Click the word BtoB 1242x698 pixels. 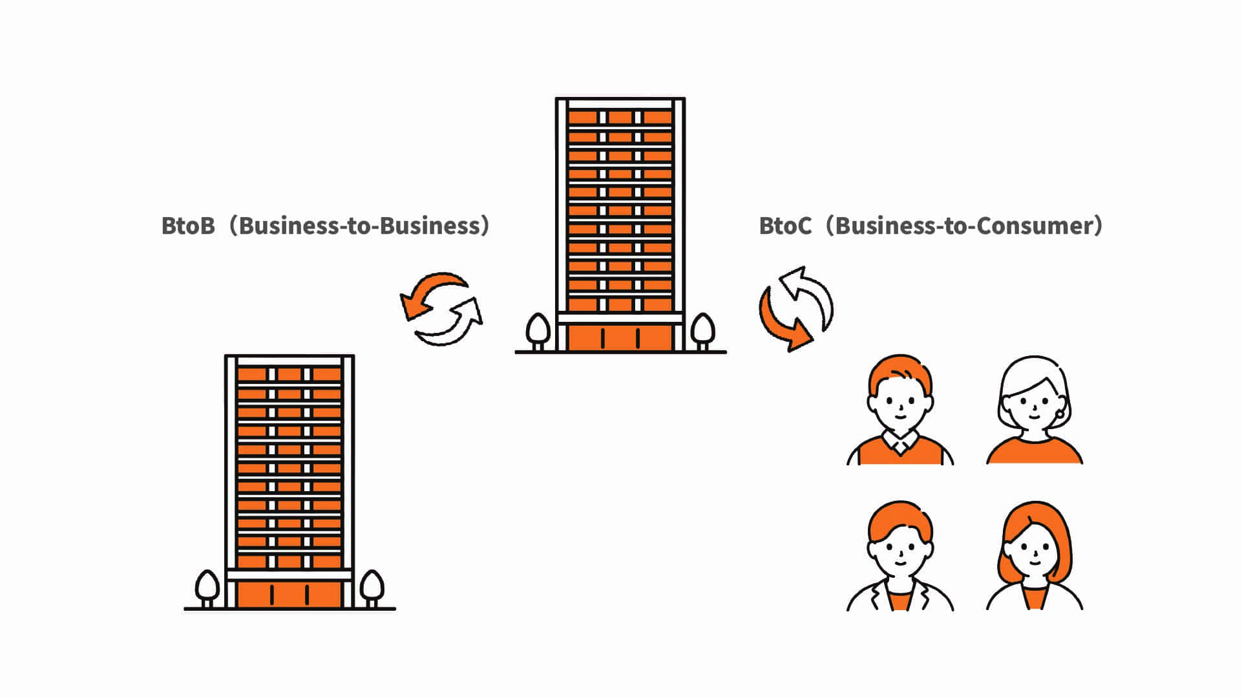pos(188,226)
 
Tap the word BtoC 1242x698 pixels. pos(785,226)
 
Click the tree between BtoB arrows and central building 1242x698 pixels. pos(538,332)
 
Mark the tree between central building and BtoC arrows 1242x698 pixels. pos(703,332)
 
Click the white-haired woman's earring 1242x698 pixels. pos(1060,414)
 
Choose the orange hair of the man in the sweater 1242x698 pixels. pos(900,375)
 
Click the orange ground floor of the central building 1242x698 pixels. pos(620,338)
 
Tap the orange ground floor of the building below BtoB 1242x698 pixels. pos(289,595)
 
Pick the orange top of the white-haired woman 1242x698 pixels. pos(1035,451)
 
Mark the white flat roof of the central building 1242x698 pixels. pos(620,103)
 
